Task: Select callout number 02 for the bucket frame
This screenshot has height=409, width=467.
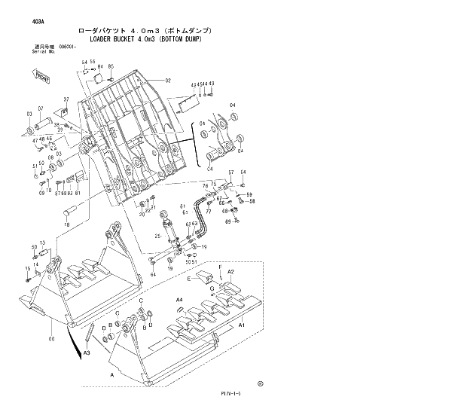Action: tap(169, 81)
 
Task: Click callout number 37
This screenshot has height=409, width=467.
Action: tap(66, 99)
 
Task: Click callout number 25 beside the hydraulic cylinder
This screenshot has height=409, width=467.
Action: tap(157, 237)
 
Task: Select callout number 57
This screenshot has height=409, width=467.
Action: tap(231, 172)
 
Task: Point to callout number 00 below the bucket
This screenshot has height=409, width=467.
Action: tap(51, 340)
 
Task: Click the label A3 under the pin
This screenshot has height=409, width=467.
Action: tap(87, 353)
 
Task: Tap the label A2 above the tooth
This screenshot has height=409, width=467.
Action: tap(231, 271)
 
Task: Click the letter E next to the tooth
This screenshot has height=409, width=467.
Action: tap(189, 278)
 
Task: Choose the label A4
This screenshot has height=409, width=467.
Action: tap(179, 300)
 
